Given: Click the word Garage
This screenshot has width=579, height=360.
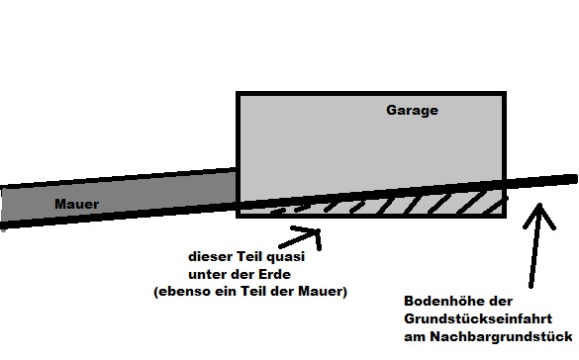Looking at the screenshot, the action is [412, 111].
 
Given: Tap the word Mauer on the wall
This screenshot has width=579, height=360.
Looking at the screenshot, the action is [76, 205].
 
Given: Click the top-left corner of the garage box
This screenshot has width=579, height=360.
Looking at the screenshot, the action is [238, 93].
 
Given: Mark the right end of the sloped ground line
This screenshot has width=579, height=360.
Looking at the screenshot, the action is [574, 178].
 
